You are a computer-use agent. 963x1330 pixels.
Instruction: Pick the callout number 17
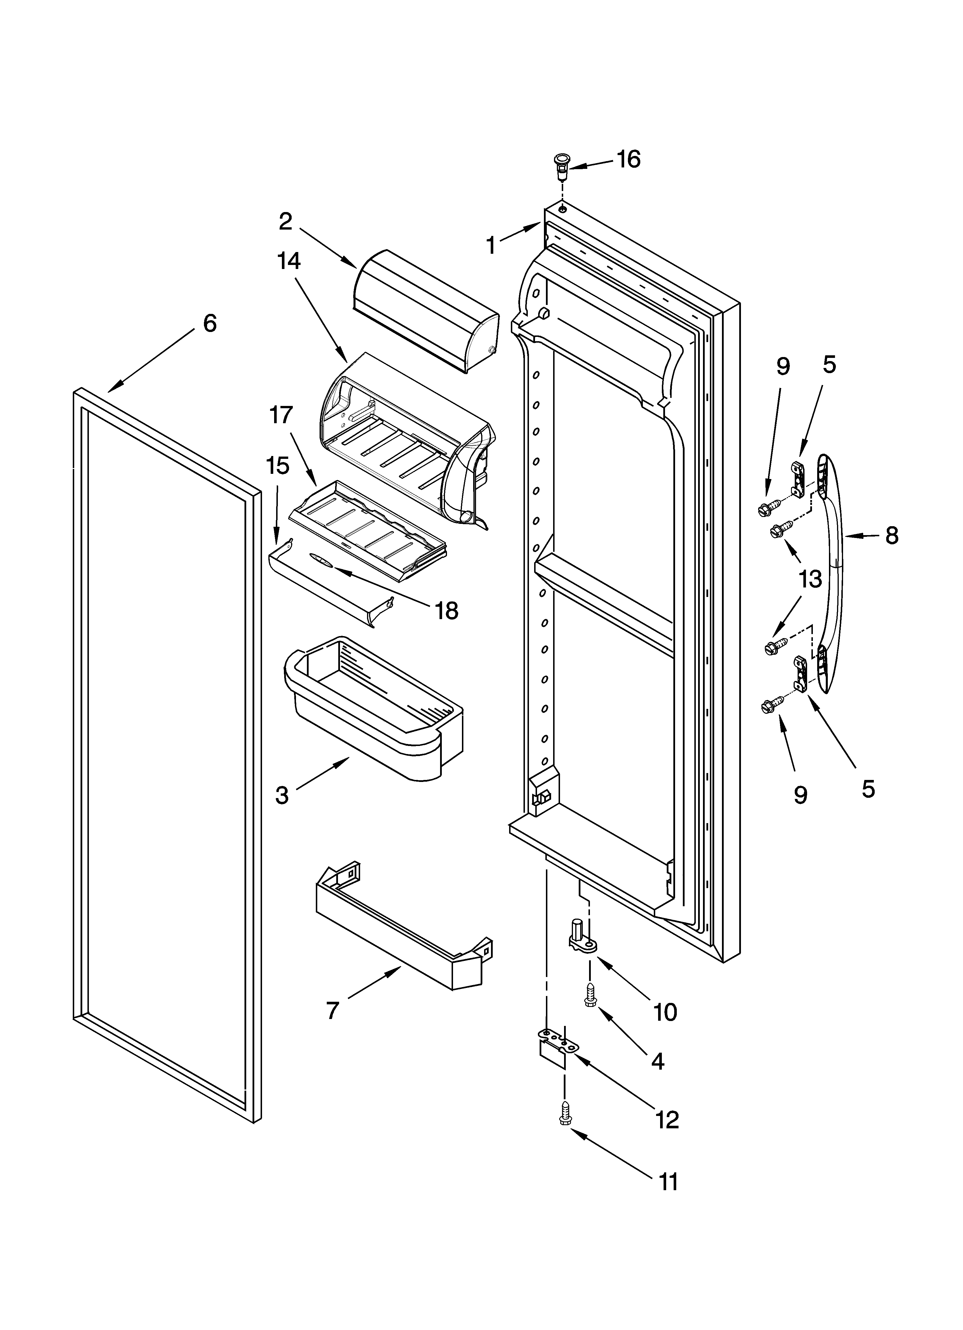pyautogui.click(x=281, y=415)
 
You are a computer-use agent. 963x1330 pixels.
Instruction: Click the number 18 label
pyautogui.click(x=447, y=611)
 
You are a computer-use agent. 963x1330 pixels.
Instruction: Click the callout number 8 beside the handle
pyautogui.click(x=891, y=535)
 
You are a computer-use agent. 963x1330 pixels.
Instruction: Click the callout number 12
pyautogui.click(x=667, y=1120)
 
